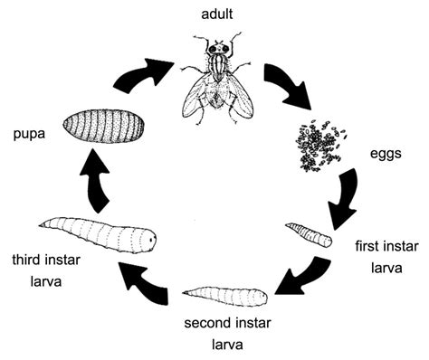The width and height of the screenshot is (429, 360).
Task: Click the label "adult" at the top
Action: click(x=216, y=14)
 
